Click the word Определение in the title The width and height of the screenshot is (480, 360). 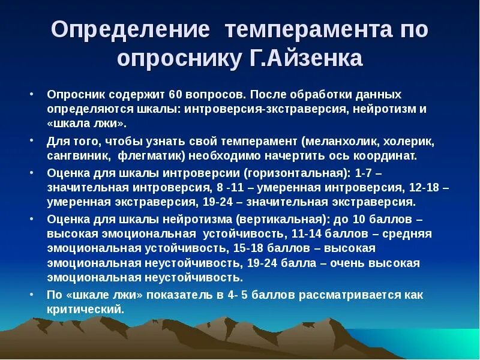130,31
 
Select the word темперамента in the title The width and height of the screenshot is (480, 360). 298,31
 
